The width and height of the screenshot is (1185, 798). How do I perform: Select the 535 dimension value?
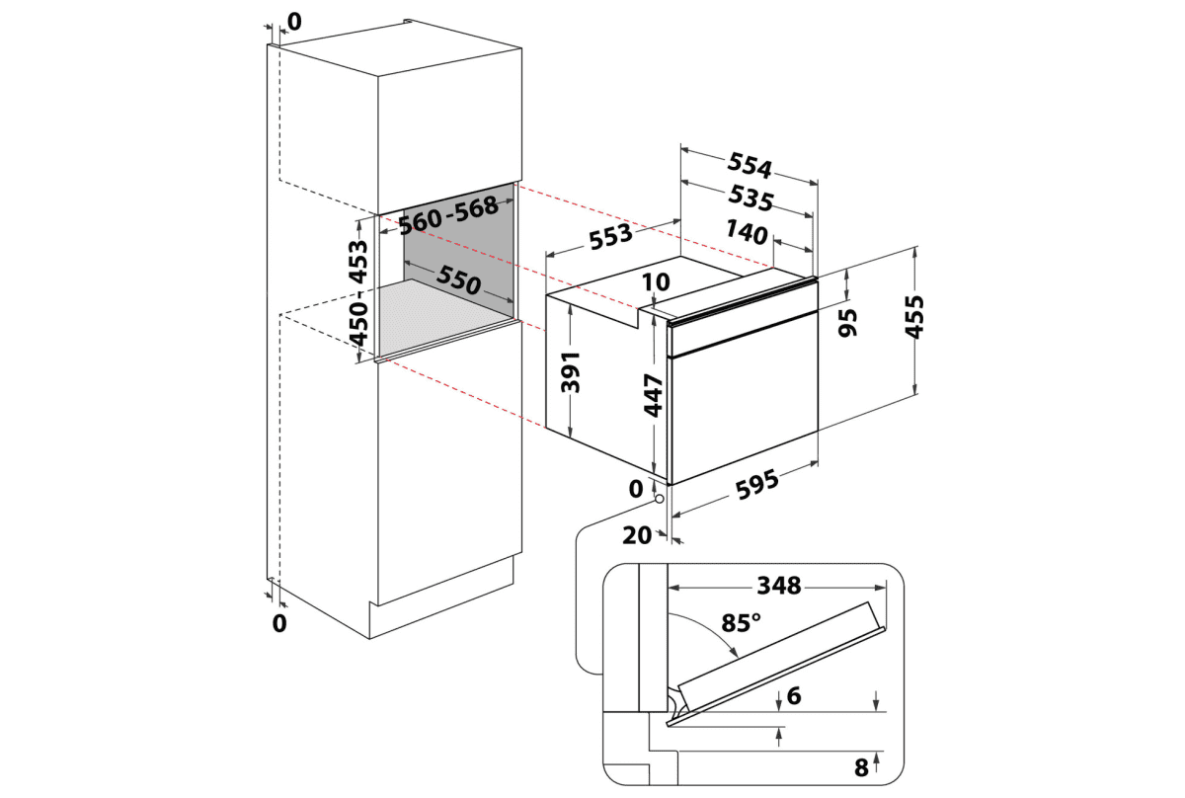tap(750, 199)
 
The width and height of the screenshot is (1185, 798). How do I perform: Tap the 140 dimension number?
tap(746, 234)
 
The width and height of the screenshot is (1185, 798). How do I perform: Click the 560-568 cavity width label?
tap(447, 214)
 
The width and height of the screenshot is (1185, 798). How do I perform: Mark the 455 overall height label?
tap(915, 317)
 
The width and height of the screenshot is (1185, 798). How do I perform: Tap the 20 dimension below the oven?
tap(639, 534)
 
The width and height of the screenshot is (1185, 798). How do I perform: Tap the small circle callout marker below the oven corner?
tap(659, 499)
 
